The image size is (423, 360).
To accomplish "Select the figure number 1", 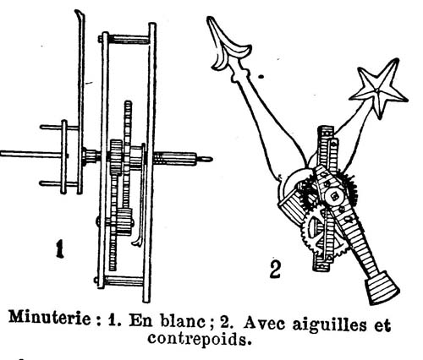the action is coord(59,248).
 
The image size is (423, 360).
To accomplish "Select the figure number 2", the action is coord(275,270).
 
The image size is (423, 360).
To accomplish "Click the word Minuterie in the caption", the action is coord(50,319).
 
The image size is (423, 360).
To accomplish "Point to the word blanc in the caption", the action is coord(183,320).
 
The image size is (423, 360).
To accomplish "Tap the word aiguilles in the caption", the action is coord(329,324).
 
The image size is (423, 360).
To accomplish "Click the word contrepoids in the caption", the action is coord(199,340).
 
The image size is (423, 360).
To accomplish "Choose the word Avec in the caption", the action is coord(265,323).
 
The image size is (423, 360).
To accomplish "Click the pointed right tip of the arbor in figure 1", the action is coord(211,160).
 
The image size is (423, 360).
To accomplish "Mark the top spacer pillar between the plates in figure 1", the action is coord(129,39).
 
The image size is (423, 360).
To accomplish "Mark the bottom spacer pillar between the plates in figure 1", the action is coord(124,281).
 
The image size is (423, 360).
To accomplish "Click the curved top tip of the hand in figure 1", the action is coord(79,12).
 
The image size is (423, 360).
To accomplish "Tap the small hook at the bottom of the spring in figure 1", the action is coord(137,243).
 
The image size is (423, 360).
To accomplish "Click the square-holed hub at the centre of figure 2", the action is coord(335,196).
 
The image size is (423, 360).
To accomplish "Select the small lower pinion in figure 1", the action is coord(124,222).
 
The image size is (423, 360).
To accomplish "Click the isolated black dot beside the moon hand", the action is coord(261,76).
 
